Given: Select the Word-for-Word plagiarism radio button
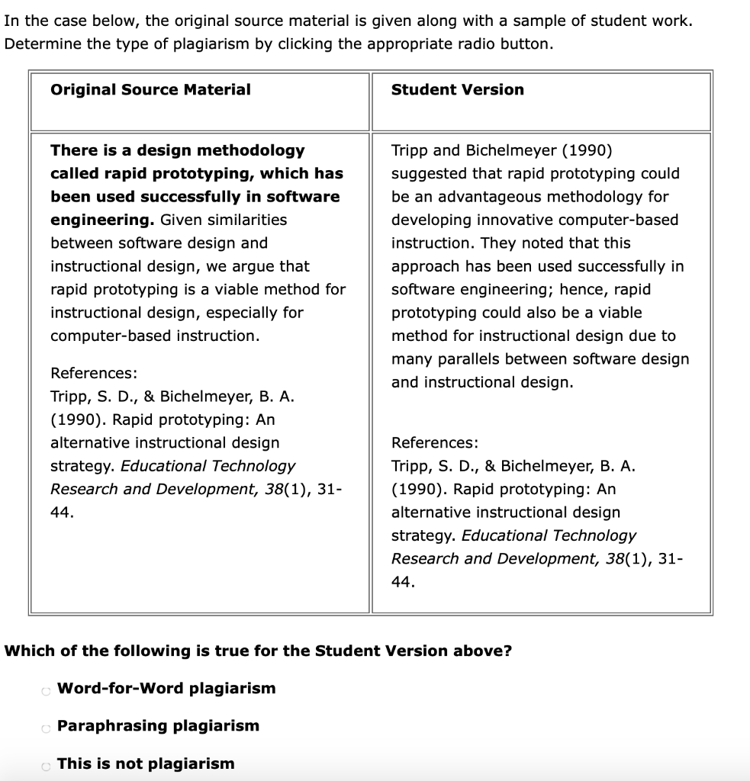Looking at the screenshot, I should (46, 690).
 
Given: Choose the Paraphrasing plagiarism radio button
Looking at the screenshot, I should (46, 728).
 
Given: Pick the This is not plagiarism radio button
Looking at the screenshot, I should (46, 765).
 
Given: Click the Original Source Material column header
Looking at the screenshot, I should (150, 90).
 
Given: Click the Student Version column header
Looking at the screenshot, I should (457, 90).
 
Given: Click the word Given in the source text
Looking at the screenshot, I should (180, 220).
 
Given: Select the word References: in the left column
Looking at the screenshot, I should (94, 374).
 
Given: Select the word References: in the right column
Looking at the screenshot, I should (435, 443).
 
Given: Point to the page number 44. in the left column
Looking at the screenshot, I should (62, 513).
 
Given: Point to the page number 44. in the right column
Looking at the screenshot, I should (403, 582).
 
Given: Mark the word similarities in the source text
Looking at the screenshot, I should (245, 220).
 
